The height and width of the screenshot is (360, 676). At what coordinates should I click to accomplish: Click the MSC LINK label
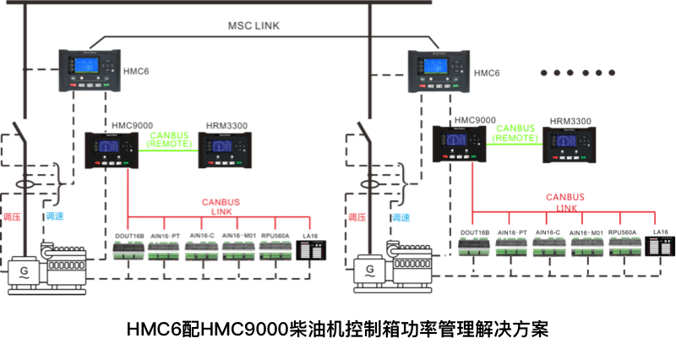point(253,26)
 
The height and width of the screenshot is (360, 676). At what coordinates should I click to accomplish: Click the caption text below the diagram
point(338,329)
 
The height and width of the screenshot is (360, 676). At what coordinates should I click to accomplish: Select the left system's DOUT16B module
point(128,249)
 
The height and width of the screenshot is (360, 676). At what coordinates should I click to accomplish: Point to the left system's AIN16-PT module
point(165,249)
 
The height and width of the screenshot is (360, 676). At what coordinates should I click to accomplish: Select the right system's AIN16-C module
point(548,246)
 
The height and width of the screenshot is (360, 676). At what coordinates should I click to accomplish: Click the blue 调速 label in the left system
point(54,217)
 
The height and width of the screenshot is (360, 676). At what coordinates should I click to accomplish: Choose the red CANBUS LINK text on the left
point(221,207)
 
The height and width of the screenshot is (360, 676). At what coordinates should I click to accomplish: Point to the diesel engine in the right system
point(411,262)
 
